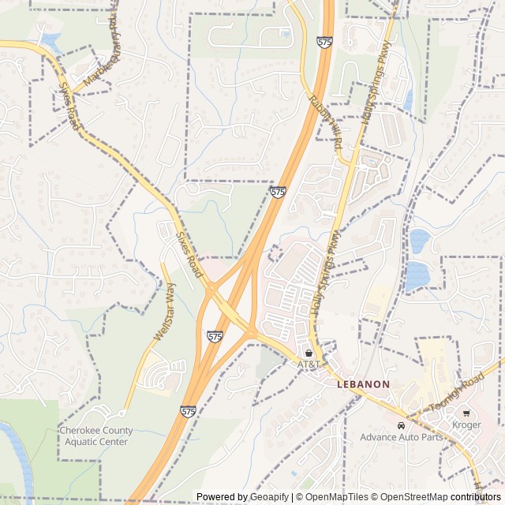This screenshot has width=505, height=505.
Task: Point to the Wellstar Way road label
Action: (x=163, y=313)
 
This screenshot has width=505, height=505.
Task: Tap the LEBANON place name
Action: (x=363, y=384)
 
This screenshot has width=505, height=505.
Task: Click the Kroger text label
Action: (x=467, y=425)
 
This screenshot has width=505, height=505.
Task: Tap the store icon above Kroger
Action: (x=467, y=413)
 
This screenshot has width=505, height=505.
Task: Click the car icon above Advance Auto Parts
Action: (x=401, y=425)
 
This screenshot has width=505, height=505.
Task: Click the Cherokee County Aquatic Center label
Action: (x=95, y=436)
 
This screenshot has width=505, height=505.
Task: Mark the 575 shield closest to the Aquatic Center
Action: (x=188, y=411)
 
